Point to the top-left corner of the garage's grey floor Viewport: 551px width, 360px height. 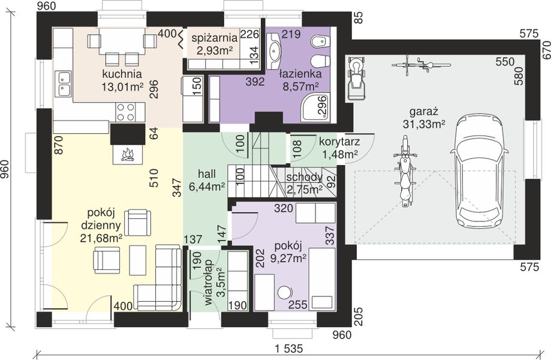tap(345, 55)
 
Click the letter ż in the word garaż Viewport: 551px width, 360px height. tap(435, 112)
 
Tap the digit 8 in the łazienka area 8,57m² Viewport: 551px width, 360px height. tap(286, 86)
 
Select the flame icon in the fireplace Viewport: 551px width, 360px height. tap(128, 155)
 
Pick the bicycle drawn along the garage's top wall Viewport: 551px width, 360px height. tap(421, 65)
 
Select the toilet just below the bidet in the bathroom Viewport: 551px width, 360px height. tap(321, 61)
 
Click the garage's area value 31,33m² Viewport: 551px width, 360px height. tap(424, 124)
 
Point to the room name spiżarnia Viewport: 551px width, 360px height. tap(215, 37)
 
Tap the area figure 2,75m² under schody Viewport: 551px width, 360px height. tap(305, 190)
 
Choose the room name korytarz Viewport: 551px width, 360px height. tap(339, 142)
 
